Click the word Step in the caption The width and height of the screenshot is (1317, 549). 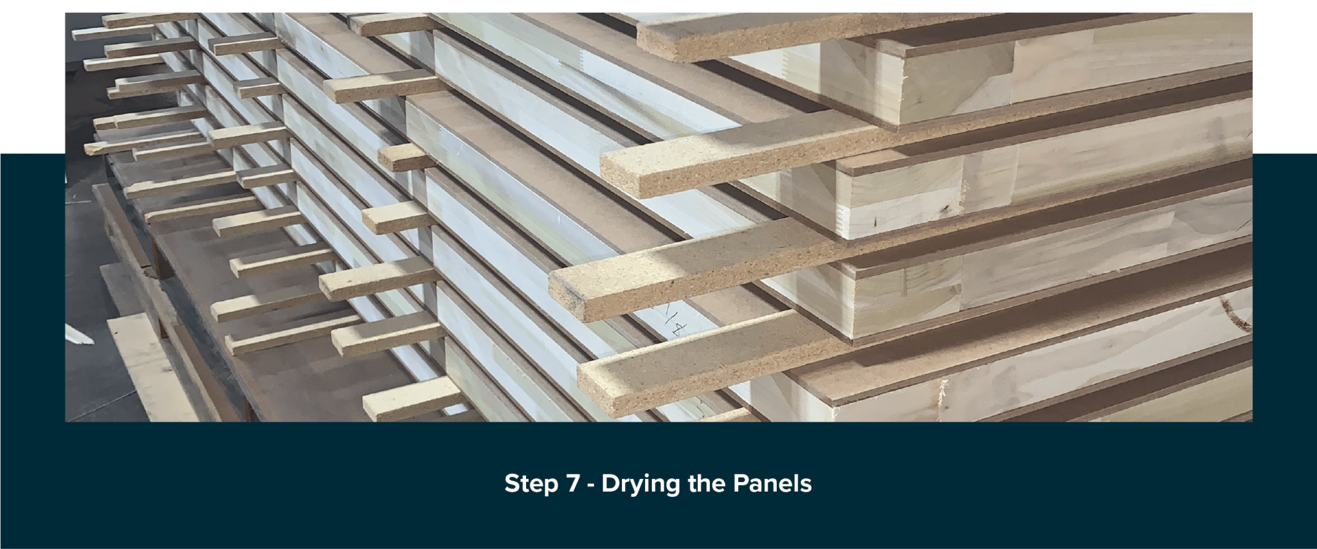point(531,484)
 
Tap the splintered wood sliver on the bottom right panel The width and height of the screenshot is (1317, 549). point(942,389)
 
